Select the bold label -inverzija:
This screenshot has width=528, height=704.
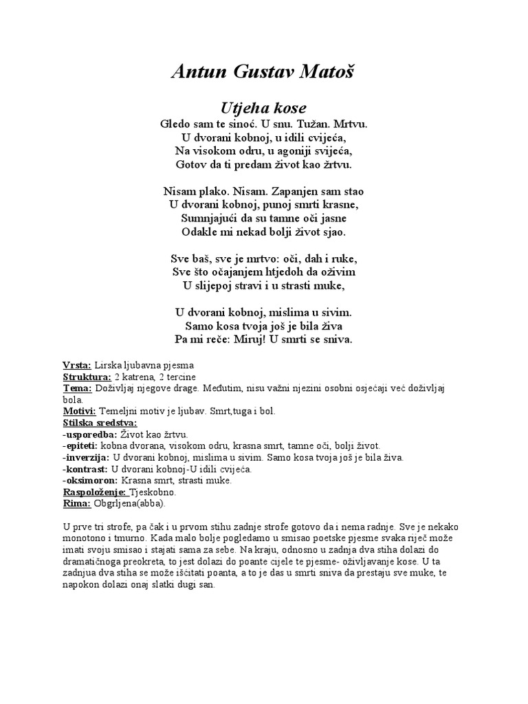86,457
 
